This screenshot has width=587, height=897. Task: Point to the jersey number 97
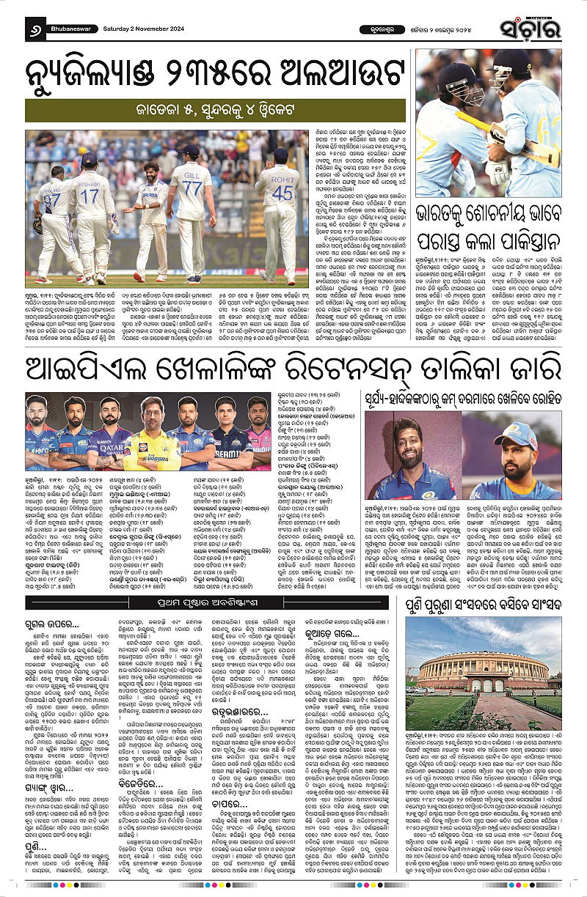pyautogui.click(x=51, y=200)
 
